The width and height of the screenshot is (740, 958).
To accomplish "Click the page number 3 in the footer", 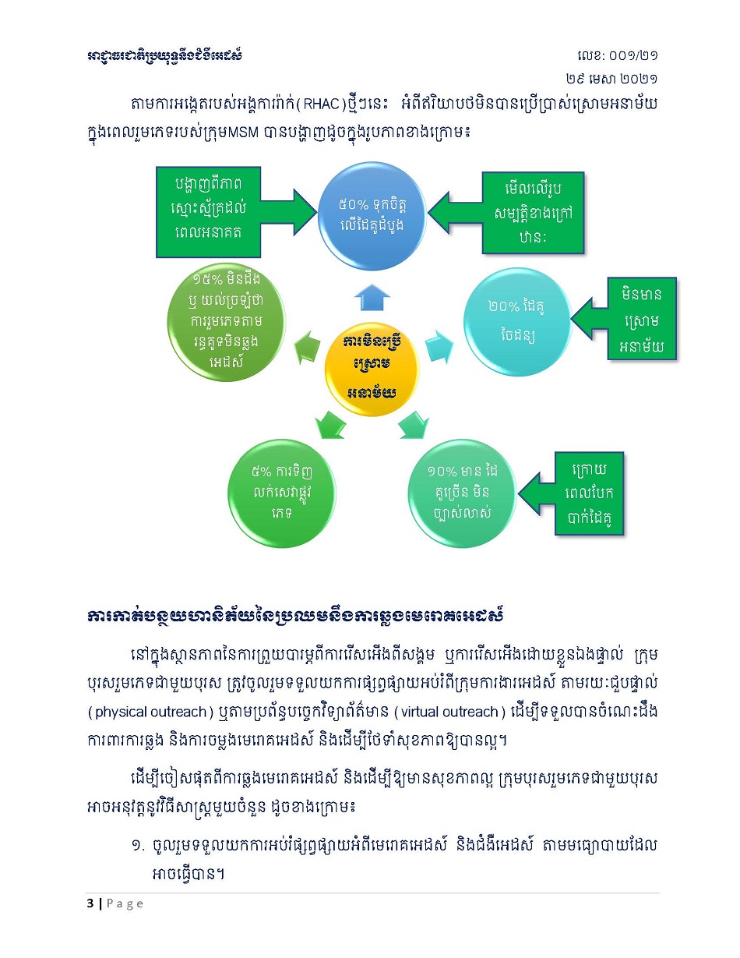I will [x=90, y=903].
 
